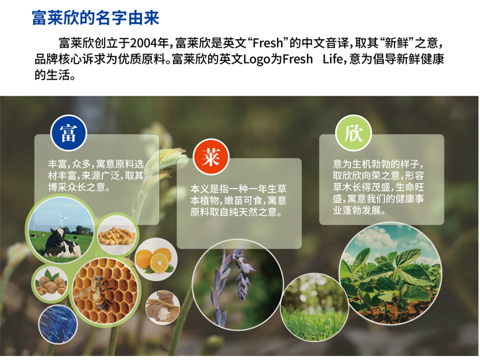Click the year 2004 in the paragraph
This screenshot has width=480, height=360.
point(147,44)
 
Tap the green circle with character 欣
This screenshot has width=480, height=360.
point(353,133)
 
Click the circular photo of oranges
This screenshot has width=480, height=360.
point(156,259)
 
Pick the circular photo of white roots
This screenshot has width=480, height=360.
point(162,308)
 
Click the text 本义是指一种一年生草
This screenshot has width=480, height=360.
point(238,188)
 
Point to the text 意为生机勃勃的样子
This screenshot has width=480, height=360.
point(377,164)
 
